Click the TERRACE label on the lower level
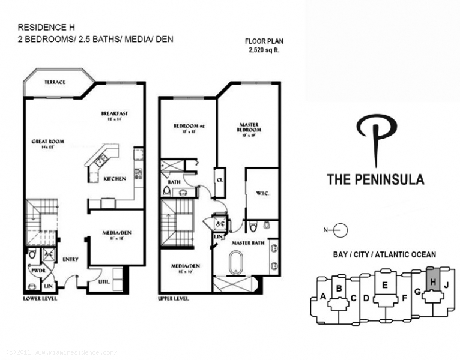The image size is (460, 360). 55,82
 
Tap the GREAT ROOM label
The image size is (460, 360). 48,142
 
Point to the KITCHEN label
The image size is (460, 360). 114,179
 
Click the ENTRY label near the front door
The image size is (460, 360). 70,259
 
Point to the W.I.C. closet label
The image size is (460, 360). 262,193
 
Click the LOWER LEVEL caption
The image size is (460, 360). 40,298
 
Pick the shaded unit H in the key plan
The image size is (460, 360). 431,279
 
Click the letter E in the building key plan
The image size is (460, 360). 385,285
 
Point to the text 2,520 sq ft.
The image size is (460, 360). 264,50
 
